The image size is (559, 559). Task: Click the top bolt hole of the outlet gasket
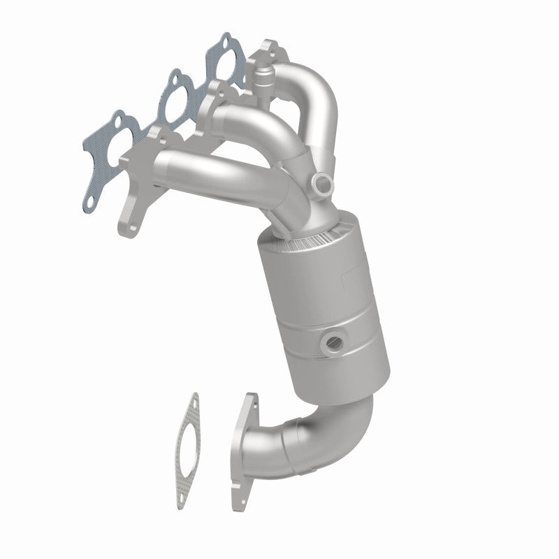[x=193, y=402]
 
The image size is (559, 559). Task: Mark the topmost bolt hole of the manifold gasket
[x=226, y=38]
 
